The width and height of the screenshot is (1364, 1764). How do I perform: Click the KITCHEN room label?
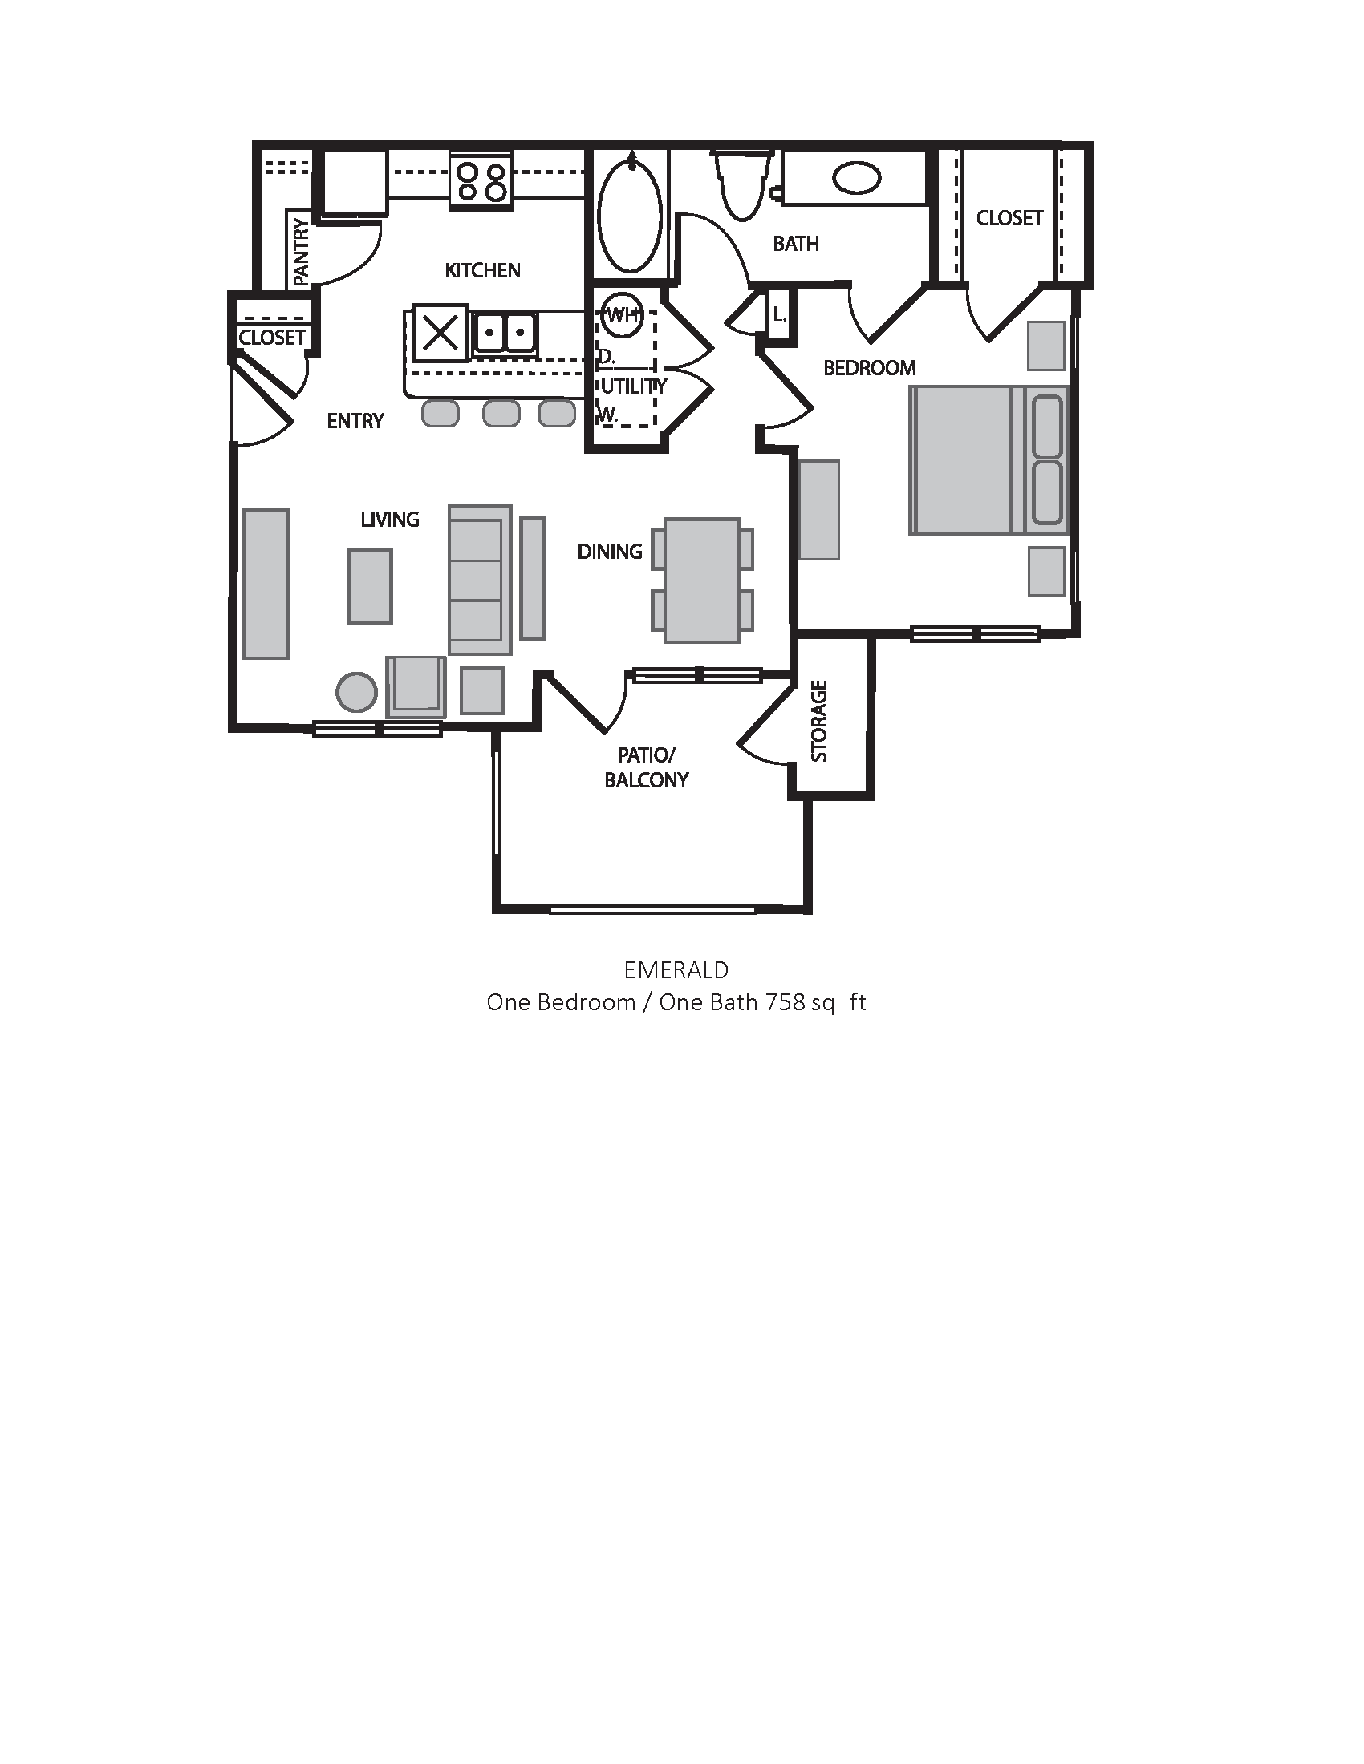[482, 270]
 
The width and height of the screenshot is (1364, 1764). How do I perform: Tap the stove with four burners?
[481, 180]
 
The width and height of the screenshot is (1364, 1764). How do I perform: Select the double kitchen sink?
[505, 332]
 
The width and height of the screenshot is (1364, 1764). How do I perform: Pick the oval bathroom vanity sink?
[858, 178]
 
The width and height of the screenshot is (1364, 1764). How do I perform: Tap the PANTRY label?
[301, 251]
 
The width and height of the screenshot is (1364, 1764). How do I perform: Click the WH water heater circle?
[622, 315]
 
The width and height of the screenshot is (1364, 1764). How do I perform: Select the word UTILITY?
[634, 386]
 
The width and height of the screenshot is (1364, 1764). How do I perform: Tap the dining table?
[702, 580]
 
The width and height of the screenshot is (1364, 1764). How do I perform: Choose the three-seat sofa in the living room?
[480, 579]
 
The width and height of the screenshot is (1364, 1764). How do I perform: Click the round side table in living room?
[356, 692]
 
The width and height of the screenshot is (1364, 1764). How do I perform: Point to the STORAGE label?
[819, 722]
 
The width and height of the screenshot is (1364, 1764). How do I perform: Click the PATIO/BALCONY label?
[647, 767]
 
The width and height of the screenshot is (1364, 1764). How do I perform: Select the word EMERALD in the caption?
[676, 969]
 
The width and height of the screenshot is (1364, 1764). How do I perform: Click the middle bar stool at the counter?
[501, 414]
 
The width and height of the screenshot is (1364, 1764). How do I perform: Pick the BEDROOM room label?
[870, 368]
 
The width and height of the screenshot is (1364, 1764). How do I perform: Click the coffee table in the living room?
[370, 585]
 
